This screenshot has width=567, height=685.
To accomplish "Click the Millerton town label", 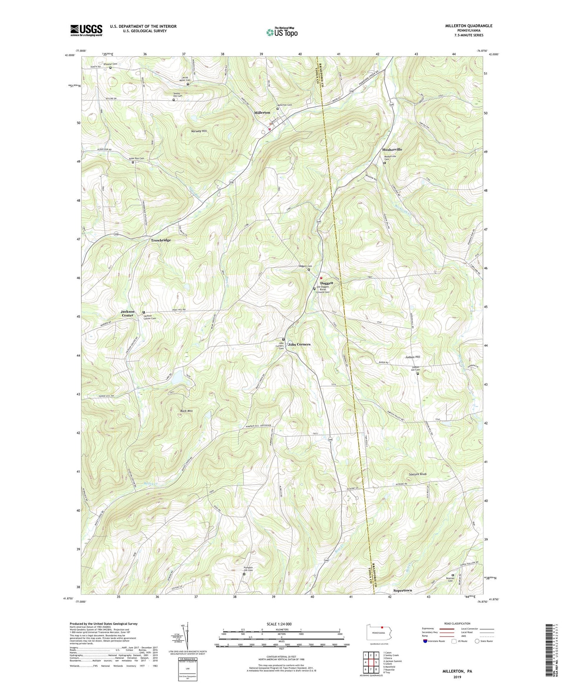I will click(x=262, y=113).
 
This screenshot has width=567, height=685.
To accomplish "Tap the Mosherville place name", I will click(x=392, y=149).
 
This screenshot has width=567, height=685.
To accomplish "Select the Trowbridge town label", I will click(x=161, y=240).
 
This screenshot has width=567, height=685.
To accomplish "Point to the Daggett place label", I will click(x=326, y=283).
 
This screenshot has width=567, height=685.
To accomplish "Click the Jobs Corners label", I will click(x=299, y=344).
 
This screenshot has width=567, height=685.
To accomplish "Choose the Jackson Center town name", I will click(x=128, y=313).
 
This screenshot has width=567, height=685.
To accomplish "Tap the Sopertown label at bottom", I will click(x=403, y=590).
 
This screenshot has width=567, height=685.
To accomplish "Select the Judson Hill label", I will click(x=412, y=357).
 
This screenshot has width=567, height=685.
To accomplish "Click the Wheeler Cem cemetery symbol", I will click(x=110, y=67).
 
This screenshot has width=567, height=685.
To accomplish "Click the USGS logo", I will click(x=86, y=30).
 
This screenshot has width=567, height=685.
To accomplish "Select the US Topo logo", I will click(x=281, y=32).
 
